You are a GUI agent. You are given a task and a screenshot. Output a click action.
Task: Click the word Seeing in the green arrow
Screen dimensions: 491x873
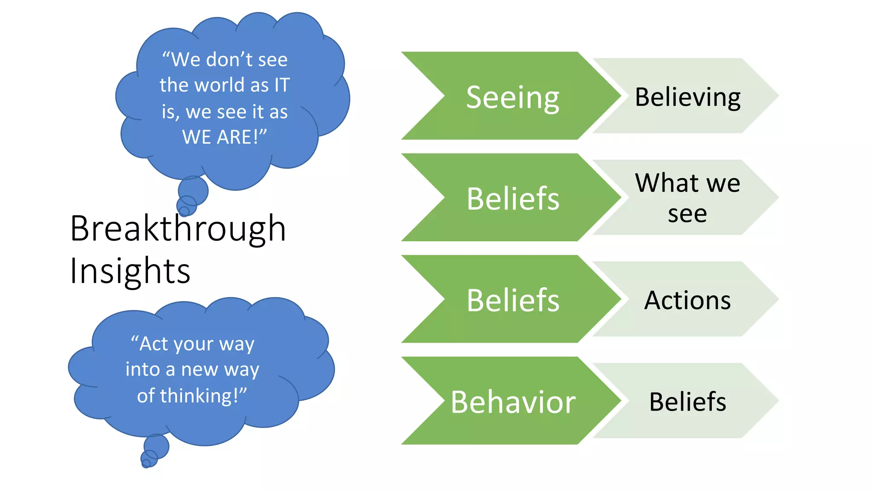512,98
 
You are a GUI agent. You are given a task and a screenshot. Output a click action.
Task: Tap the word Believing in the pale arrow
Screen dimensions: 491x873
688,97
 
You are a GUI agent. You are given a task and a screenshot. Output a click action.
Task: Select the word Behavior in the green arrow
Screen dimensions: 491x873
513,402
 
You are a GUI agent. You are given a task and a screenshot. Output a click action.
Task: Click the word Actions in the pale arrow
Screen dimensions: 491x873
687,300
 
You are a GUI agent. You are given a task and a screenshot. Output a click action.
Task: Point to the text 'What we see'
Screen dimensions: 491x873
687,198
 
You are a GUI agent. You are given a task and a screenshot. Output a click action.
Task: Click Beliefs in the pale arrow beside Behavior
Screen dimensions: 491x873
688,401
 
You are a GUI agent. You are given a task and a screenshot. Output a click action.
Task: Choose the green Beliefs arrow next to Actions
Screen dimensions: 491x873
513,300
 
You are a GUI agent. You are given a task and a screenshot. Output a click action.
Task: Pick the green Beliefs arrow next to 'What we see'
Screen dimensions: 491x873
513,199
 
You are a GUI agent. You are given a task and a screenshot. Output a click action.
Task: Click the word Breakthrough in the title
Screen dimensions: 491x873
178,229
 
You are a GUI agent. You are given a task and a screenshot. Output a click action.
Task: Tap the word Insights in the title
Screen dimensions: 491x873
130,271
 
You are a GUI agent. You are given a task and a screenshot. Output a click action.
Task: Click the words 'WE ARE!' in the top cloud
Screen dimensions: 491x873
224,137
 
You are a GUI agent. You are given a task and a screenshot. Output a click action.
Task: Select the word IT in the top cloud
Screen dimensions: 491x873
282,85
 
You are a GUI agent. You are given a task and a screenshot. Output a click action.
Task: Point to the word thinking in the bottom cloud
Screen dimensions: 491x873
198,396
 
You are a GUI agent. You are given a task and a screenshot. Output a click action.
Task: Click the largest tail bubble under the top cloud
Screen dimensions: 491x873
193,191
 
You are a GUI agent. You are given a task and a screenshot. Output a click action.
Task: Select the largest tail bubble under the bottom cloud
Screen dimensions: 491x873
156,446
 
